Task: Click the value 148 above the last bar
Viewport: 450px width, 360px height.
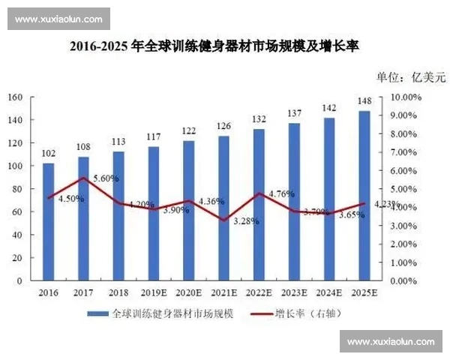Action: (364, 101)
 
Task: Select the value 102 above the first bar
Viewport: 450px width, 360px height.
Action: (48, 154)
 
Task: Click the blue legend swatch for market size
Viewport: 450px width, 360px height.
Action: (97, 314)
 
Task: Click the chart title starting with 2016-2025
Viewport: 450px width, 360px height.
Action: (214, 46)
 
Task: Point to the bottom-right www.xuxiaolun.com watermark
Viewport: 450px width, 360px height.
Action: (391, 341)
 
